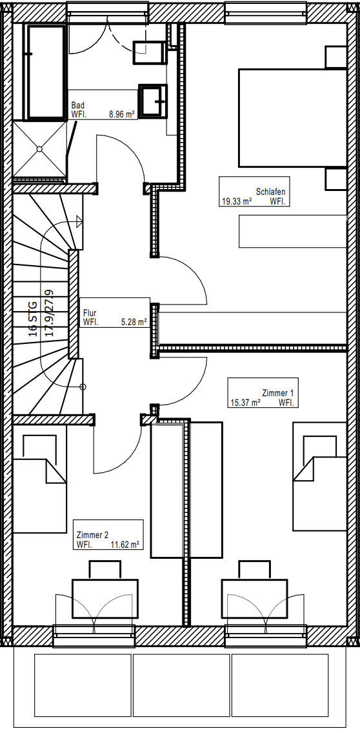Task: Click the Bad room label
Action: point(77,106)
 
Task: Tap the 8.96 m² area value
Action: point(121,114)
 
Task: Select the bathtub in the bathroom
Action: point(46,72)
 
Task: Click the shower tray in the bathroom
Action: point(40,149)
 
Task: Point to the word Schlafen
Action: point(271,192)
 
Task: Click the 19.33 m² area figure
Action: point(237,201)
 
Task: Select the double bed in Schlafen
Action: point(292,118)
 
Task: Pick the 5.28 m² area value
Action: point(134,321)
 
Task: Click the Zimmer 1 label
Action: point(278,393)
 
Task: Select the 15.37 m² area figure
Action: point(245,403)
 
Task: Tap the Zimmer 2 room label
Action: point(92,536)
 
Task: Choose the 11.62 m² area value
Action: point(125,545)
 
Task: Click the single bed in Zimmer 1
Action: point(320,477)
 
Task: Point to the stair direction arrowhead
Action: point(79,221)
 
